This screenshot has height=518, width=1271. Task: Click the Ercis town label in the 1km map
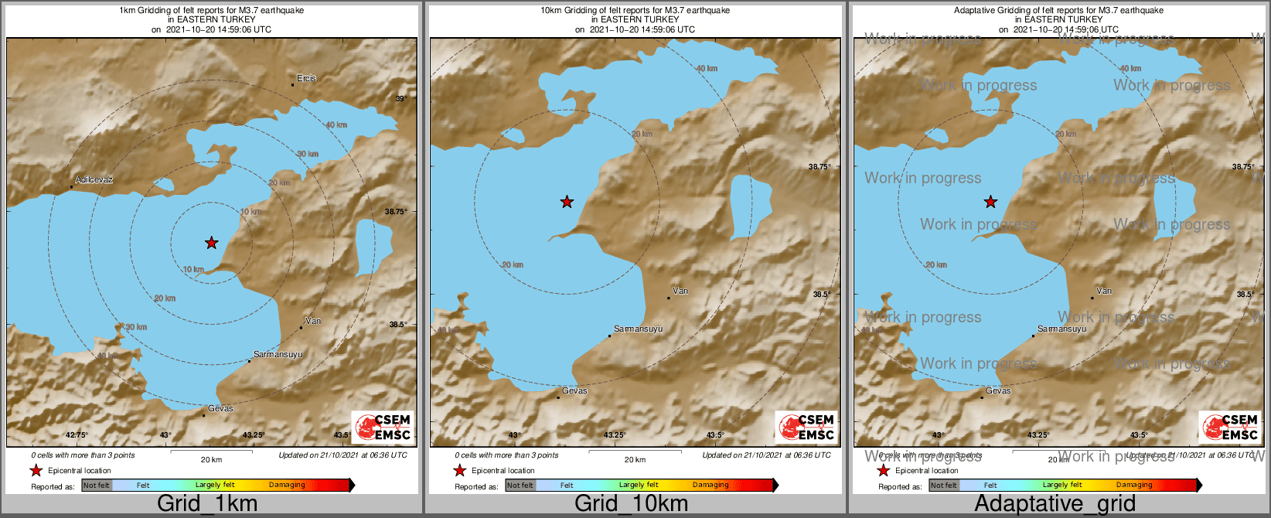pos(306,78)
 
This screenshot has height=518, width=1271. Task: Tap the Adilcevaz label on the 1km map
pos(94,180)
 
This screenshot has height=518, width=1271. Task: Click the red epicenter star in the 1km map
pos(212,243)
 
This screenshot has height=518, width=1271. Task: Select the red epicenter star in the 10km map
pos(567,202)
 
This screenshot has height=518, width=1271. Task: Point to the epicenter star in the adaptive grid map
pos(990,202)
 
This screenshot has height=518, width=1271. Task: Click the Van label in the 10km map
pos(680,291)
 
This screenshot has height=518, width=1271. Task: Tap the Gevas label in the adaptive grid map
pos(998,390)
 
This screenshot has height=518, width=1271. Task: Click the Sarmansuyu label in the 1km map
pos(278,354)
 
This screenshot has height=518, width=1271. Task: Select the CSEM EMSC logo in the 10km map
pos(806,427)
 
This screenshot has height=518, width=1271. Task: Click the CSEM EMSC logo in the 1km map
pos(383,427)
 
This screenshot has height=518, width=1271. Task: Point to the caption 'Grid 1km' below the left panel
pos(207,504)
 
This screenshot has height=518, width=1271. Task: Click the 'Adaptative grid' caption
pos(1055,504)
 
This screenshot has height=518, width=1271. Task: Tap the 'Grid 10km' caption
pos(631,504)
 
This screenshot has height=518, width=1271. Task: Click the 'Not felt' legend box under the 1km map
pos(97,486)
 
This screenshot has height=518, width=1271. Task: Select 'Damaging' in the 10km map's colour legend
pos(710,486)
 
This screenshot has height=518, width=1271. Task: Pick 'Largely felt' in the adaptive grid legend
pos(1062,486)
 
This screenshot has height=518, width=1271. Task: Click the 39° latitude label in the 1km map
pos(400,99)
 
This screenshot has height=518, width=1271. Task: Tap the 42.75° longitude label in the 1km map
pos(77,435)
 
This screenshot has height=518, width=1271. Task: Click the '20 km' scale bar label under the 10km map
pos(635,460)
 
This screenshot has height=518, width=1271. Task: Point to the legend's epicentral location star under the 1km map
pos(36,470)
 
